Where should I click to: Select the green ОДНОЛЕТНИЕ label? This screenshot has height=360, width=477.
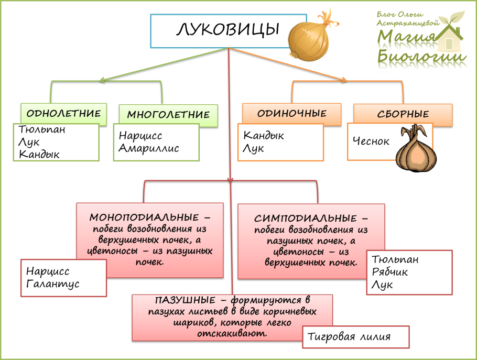(63, 113)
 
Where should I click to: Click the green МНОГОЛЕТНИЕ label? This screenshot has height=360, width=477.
(168, 114)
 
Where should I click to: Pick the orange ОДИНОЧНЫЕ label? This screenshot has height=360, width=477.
(291, 113)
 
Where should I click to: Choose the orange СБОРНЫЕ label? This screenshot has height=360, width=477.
(403, 114)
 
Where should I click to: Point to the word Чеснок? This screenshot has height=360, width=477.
(371, 141)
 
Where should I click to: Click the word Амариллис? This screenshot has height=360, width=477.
(148, 148)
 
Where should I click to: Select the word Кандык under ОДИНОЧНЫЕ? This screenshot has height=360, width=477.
(264, 136)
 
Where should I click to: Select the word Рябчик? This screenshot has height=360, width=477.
(389, 272)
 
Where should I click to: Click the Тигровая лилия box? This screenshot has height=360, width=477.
(355, 337)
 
